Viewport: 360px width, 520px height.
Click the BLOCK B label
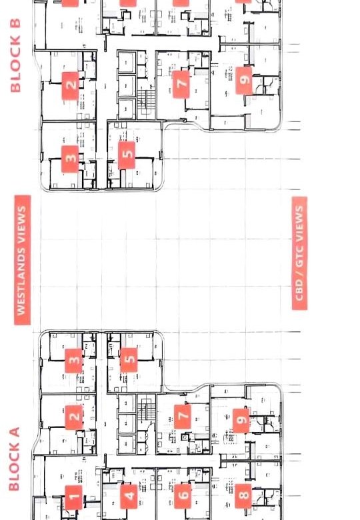15,55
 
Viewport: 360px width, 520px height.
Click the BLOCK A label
14,459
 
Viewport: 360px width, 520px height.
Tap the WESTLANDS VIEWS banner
22,260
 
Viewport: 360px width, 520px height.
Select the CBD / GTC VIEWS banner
299,253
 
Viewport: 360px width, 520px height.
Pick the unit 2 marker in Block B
70,85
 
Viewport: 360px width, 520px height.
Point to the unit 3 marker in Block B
70,159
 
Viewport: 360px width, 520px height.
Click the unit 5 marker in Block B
127,155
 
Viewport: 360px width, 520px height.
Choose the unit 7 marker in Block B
181,84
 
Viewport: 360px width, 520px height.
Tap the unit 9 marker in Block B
243,81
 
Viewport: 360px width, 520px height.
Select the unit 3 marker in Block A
73,361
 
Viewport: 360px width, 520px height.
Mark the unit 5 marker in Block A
129,360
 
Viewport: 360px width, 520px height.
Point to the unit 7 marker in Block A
182,416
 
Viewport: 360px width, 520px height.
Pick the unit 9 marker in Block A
241,420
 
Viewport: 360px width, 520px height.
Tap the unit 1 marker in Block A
73,497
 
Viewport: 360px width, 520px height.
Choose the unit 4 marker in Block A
129,497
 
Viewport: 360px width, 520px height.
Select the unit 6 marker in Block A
183,496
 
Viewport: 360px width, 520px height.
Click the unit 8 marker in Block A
243,496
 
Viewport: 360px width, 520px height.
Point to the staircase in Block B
146,101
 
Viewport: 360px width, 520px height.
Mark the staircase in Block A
146,409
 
